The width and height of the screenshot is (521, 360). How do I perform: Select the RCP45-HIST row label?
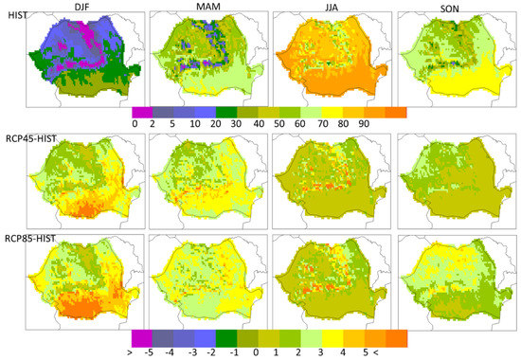click(x=31, y=137)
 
